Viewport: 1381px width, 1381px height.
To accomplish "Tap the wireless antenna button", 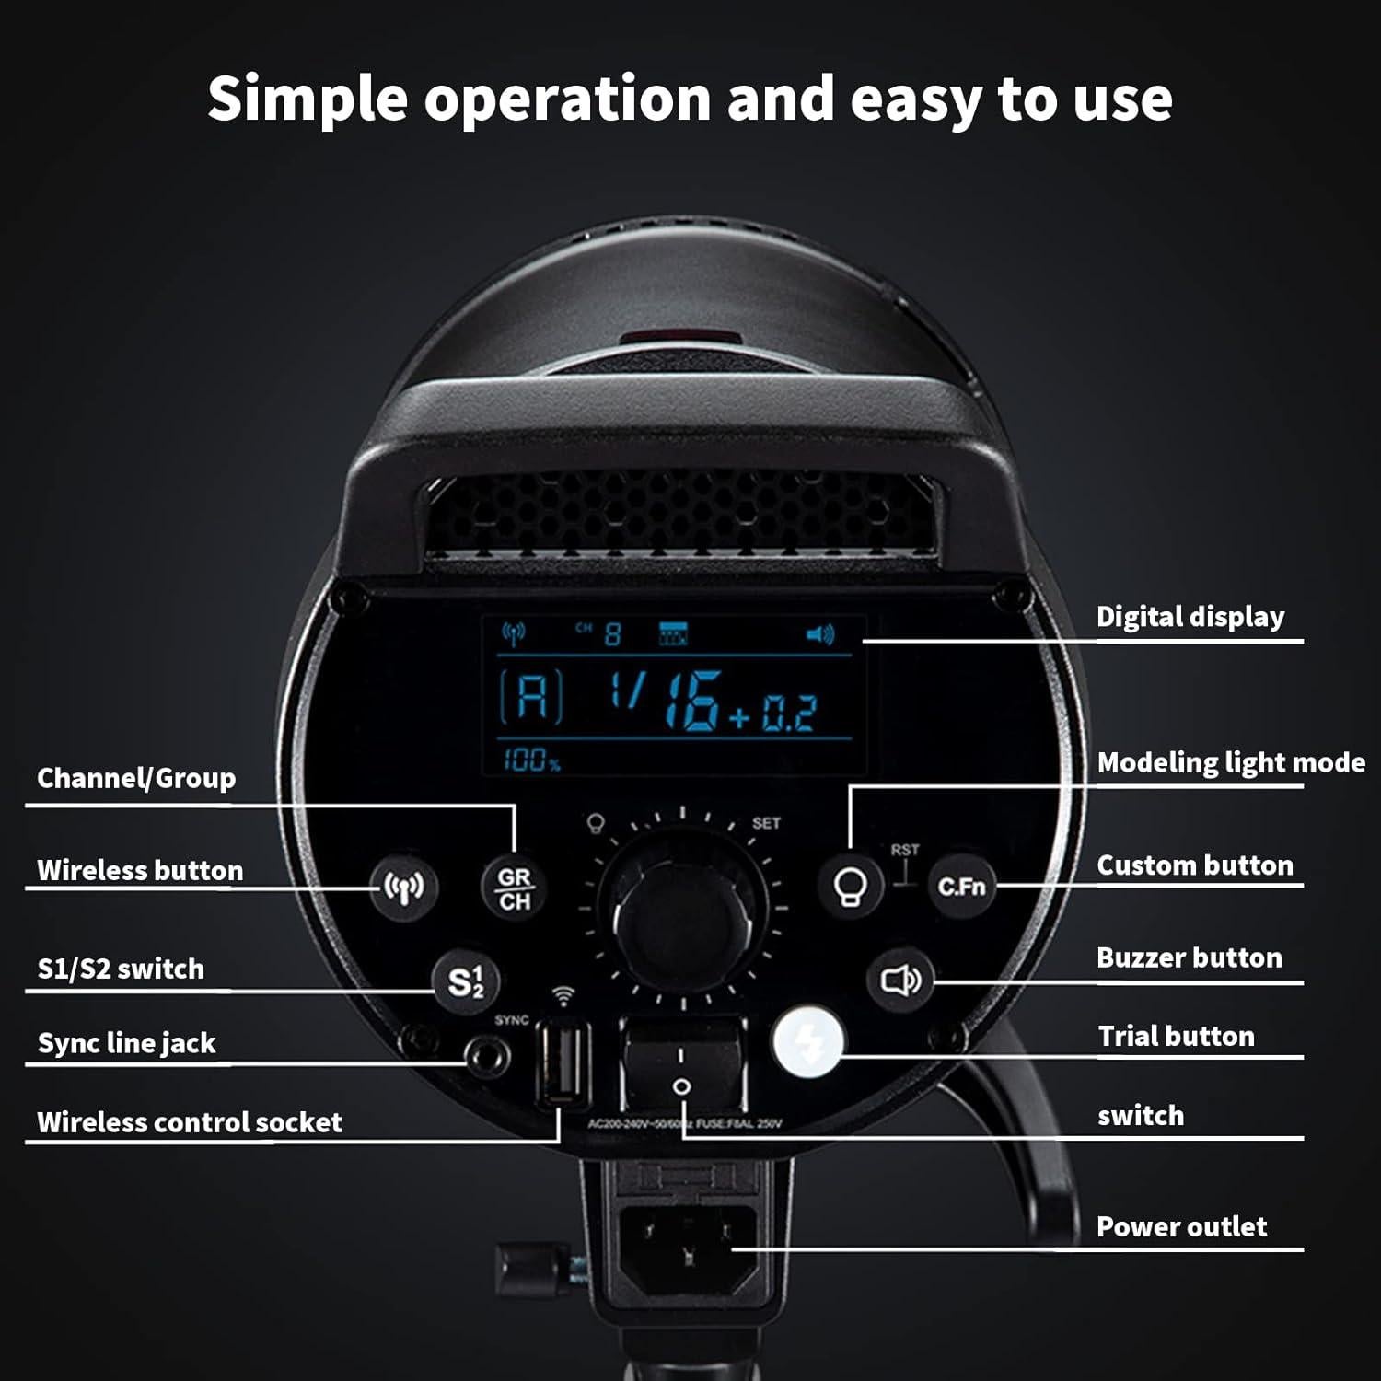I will coord(403,888).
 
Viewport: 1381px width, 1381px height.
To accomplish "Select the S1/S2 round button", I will coord(466,981).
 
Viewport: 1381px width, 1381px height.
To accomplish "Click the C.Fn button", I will coord(961,887).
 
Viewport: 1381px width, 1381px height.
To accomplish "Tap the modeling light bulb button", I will coord(851,887).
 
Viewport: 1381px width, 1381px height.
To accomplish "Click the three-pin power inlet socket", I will coord(688,1248).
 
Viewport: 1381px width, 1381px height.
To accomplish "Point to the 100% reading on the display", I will coord(531,760).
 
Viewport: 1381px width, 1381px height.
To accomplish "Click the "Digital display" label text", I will coord(1190,617).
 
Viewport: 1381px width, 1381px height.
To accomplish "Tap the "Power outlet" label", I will coord(1181,1226).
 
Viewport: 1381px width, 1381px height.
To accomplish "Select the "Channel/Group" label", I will coord(136,778).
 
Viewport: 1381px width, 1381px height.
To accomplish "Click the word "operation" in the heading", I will coord(567,99).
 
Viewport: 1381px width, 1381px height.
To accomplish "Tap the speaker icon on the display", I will coord(819,634).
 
